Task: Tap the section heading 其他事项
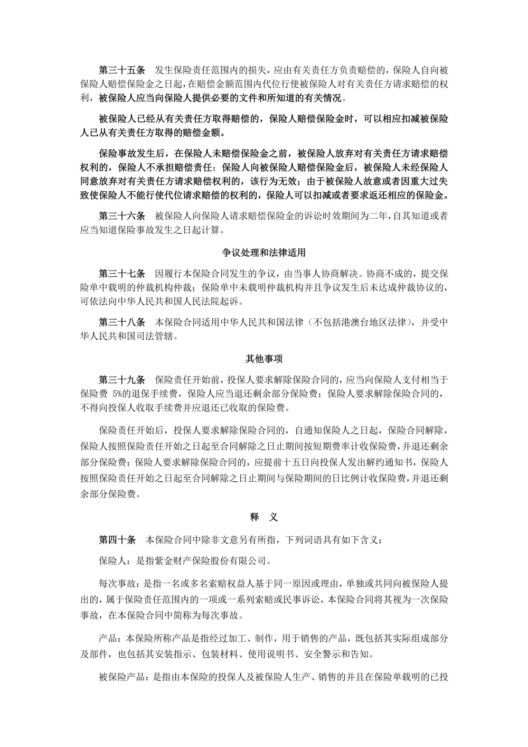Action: click(264, 359)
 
